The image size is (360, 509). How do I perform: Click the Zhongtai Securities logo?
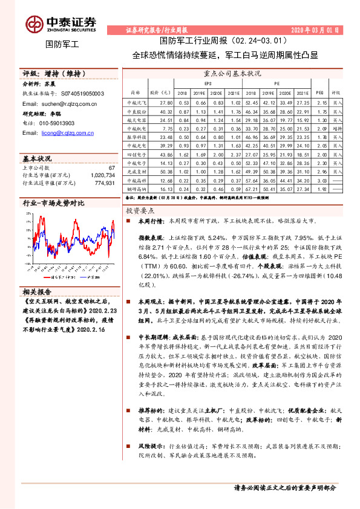click(61, 23)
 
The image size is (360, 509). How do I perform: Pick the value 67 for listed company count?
click(111, 167)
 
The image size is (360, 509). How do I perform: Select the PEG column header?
click(319, 92)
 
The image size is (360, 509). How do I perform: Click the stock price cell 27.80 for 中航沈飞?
click(166, 103)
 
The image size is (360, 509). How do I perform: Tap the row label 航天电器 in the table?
click(137, 120)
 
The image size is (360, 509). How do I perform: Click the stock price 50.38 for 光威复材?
click(166, 172)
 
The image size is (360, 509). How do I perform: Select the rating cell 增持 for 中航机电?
click(337, 129)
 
